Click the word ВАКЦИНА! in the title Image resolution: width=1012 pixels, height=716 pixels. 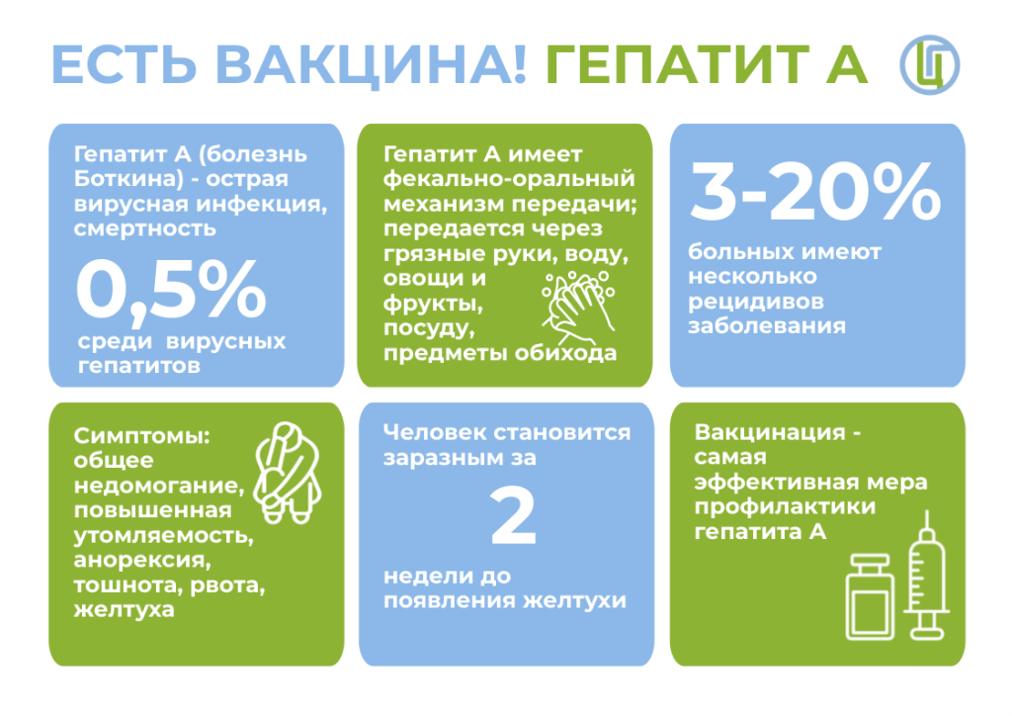(x=372, y=64)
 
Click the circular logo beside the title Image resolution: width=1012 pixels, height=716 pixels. (x=930, y=64)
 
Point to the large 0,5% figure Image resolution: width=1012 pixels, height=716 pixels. (x=171, y=290)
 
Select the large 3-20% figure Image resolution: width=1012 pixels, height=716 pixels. (x=815, y=191)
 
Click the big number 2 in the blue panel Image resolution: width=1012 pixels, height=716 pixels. (x=513, y=516)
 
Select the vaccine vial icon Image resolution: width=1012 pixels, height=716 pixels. (x=870, y=597)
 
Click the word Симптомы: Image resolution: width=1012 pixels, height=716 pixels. (x=142, y=436)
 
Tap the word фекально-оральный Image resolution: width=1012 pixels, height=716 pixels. (x=509, y=179)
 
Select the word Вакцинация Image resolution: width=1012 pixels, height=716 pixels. (x=769, y=432)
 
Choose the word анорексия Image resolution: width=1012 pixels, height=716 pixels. (x=142, y=560)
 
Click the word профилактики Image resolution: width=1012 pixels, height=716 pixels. (x=785, y=506)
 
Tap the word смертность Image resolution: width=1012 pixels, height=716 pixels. (x=144, y=228)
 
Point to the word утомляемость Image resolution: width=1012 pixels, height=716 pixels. (x=163, y=535)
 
